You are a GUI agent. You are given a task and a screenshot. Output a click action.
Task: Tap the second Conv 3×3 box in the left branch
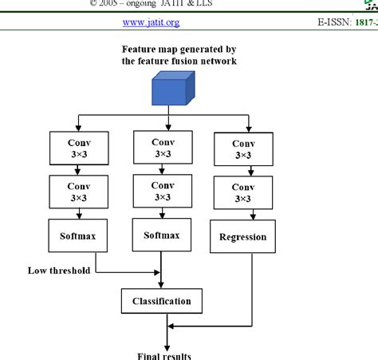point(77,192)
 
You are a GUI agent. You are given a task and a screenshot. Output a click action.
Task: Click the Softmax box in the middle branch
point(162,235)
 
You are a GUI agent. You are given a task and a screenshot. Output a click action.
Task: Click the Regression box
point(243,237)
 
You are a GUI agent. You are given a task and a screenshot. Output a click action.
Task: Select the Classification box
point(161,301)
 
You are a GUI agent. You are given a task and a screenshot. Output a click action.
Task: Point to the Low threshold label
point(58,270)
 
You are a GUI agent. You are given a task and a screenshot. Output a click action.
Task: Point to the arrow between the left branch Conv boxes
point(77,169)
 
